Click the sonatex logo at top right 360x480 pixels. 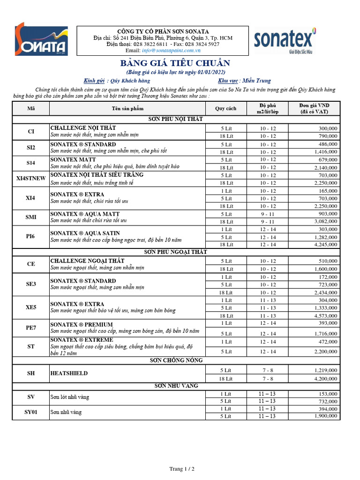[x=285, y=40]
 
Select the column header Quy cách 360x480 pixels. [x=226, y=108]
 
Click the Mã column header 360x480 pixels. [x=31, y=108]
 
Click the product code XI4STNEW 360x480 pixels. [x=31, y=179]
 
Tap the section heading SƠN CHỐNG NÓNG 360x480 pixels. [x=176, y=360]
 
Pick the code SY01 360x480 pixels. [x=31, y=412]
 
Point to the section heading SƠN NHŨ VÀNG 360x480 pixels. [x=176, y=386]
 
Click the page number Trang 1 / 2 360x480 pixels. [x=181, y=468]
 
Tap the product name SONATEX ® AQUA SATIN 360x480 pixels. [x=85, y=233]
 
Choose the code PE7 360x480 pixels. [x=31, y=328]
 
